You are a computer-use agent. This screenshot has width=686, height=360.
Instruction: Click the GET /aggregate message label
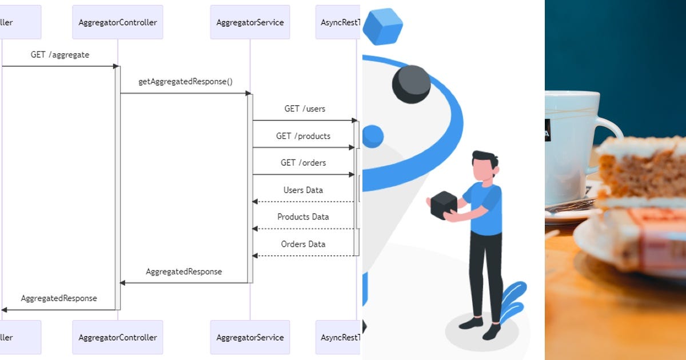60,55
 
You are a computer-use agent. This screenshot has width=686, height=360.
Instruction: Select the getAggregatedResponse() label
185,82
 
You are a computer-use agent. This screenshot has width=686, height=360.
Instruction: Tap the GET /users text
305,109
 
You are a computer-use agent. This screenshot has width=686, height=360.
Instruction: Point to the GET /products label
303,136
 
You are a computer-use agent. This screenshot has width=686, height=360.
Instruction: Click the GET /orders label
303,163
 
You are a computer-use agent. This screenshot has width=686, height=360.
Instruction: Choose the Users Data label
303,190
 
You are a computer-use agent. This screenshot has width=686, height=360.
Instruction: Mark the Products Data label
303,217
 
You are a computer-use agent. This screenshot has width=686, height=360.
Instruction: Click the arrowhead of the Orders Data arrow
256,255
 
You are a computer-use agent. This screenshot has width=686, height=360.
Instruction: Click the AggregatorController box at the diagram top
118,22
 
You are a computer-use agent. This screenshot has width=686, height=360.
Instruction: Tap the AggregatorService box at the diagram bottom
250,337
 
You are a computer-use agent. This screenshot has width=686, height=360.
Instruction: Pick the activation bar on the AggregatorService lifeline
250,189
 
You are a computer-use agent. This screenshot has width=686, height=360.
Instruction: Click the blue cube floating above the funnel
382,26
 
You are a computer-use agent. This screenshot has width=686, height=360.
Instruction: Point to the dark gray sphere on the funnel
411,84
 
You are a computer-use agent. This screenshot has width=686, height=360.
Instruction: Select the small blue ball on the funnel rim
373,136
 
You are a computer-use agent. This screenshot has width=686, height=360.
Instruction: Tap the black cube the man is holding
444,205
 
